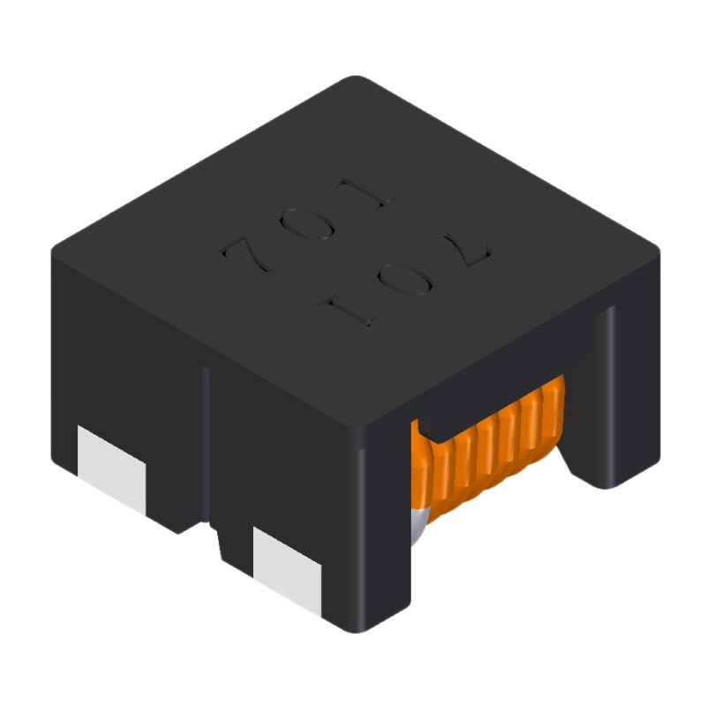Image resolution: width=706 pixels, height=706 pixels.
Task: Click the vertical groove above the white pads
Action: tap(206, 441)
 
